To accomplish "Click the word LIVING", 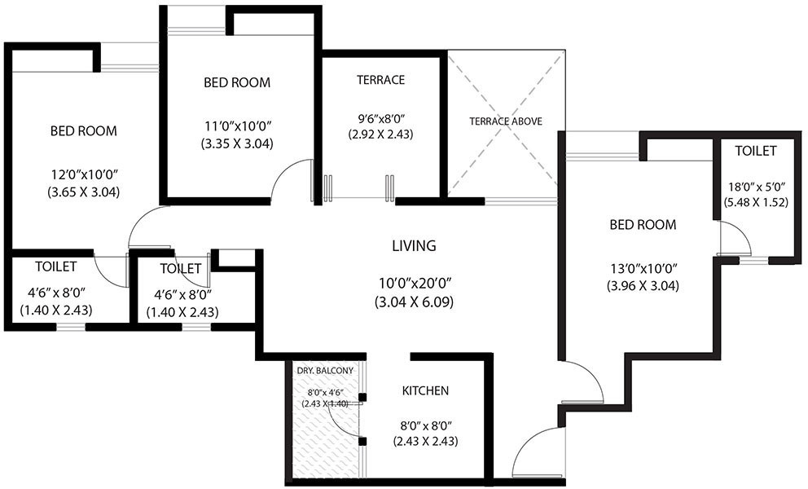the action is click(x=414, y=245).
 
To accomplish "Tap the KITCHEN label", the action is click(x=425, y=391).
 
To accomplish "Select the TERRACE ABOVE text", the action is click(x=506, y=121).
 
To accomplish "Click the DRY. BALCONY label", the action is click(x=325, y=370).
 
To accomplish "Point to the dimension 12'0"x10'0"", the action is click(x=83, y=175).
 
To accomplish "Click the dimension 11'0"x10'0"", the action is click(x=237, y=126).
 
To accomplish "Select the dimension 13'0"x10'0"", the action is click(x=643, y=268).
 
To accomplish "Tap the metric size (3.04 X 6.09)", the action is click(x=414, y=302).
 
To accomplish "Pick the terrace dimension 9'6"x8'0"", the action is click(x=380, y=118).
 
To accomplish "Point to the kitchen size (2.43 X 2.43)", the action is click(x=425, y=442).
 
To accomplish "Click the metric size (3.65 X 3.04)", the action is click(x=83, y=192).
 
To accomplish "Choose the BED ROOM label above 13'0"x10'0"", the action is click(x=643, y=225).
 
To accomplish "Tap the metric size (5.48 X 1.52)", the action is click(x=756, y=202).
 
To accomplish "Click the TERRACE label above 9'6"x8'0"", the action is click(x=381, y=80).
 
